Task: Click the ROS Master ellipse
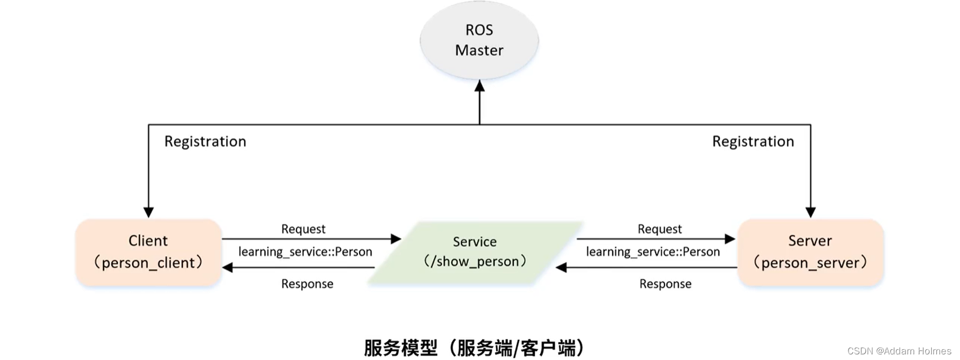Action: (x=479, y=40)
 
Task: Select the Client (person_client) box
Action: (x=148, y=252)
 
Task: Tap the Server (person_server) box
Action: (x=810, y=252)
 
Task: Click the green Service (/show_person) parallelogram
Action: (x=474, y=252)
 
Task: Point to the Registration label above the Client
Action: (x=205, y=141)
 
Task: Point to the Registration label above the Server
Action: (x=753, y=141)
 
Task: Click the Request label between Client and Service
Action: (x=303, y=229)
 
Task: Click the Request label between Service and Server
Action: (x=660, y=229)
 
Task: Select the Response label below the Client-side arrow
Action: (x=307, y=283)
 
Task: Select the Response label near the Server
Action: (x=665, y=283)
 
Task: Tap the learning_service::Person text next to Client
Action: (x=305, y=251)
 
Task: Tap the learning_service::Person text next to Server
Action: (x=653, y=251)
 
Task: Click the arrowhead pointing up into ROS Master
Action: (x=479, y=86)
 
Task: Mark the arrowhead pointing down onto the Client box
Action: (x=149, y=212)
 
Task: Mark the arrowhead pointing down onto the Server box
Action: (x=810, y=212)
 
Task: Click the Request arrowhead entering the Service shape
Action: (x=396, y=239)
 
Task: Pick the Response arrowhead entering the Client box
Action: (x=228, y=267)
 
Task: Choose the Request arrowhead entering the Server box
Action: (x=730, y=239)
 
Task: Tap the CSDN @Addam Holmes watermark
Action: (x=899, y=351)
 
